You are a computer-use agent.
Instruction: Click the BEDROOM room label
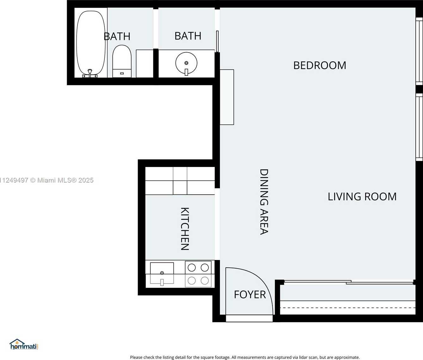(x=320, y=65)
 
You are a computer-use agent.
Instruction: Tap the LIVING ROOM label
(x=362, y=196)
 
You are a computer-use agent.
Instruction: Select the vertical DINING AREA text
(x=264, y=202)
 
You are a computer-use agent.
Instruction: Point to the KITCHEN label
(x=185, y=229)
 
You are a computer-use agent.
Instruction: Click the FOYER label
(x=250, y=295)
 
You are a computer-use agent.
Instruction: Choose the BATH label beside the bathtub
(x=117, y=36)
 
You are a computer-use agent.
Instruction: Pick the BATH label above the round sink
(x=188, y=36)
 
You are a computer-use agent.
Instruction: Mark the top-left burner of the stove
(x=192, y=268)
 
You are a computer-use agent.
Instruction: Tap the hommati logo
(x=24, y=344)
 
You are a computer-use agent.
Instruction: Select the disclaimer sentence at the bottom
(x=245, y=357)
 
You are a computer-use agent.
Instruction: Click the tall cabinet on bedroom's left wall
(x=227, y=97)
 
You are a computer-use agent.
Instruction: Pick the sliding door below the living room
(x=348, y=282)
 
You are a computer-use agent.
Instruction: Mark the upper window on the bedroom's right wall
(x=419, y=51)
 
